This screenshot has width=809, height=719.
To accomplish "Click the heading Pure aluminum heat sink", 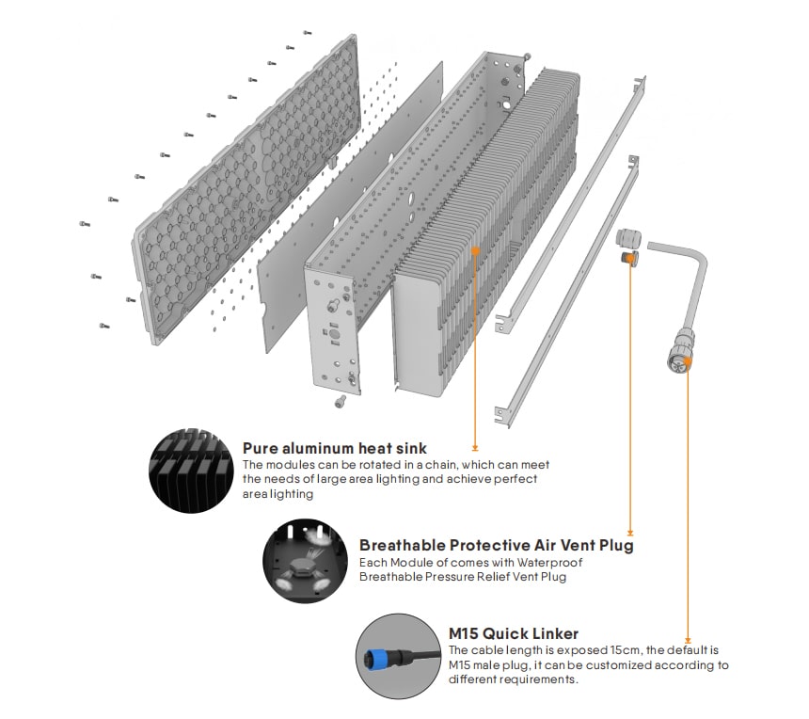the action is coord(335,448).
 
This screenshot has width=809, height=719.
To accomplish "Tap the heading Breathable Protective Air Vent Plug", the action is coord(497,545).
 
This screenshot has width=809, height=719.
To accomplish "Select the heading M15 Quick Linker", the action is coord(514,633).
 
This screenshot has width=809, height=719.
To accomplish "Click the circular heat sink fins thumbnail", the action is coord(191,471).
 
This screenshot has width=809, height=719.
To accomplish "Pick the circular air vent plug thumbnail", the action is coord(305,561).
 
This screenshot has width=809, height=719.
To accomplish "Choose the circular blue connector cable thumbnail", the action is coord(399,656).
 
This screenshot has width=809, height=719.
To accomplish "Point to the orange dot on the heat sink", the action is coord(475,250).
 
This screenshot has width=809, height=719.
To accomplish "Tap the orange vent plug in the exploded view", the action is coord(629,258).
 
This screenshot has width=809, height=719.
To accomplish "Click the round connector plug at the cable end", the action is coord(680,354).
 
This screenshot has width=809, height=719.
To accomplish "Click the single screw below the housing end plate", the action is coord(340,401).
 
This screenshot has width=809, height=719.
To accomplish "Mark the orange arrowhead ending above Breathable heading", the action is coord(630,533).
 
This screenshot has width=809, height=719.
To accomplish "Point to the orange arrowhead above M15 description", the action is coord(688,641).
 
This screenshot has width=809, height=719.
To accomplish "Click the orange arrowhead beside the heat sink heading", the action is coord(475,448).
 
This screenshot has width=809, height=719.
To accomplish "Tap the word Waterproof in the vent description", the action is coord(549,562).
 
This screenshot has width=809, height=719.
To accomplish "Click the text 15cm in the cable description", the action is coord(627,650).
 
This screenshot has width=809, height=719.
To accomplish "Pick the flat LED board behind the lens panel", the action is coord(350,206).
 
